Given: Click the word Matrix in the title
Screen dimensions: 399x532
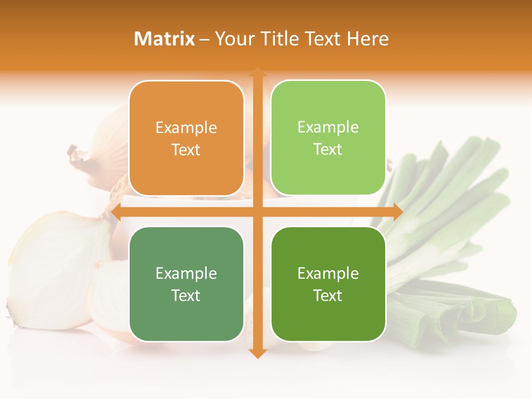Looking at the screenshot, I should [165, 39].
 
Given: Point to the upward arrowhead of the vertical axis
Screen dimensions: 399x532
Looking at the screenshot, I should [257, 72].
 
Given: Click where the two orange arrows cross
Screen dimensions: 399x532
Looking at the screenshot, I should [257, 212].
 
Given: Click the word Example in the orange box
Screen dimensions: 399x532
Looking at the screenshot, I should [186, 128].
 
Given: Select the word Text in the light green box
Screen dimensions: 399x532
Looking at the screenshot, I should [328, 150].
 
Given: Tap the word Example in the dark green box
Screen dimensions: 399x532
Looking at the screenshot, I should [328, 274].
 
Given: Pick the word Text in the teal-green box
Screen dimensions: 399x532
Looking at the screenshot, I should [186, 295].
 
